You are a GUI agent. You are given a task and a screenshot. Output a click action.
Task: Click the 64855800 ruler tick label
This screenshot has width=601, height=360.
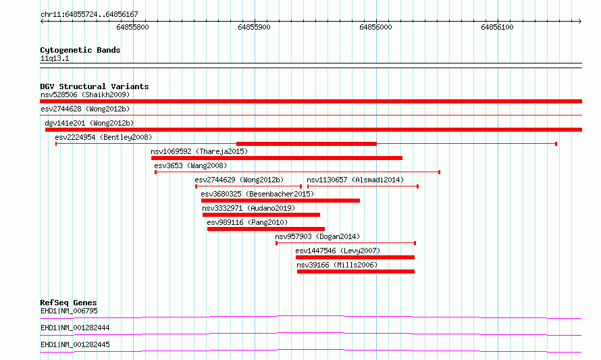[132, 27]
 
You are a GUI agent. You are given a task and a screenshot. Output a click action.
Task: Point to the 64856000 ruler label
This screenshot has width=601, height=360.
[375, 27]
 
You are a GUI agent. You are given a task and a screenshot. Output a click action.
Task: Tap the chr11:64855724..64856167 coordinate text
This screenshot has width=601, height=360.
[89, 15]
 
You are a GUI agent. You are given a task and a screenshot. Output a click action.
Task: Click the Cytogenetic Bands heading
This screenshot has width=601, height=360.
[80, 50]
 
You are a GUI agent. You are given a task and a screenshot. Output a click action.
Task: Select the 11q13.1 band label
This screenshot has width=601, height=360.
[55, 58]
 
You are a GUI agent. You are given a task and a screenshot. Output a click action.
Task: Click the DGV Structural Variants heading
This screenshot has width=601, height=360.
[95, 86]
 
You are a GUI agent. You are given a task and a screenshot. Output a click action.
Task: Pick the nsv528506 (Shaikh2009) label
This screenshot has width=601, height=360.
[85, 95]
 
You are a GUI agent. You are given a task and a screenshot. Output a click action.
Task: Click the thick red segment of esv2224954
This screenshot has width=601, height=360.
[307, 144]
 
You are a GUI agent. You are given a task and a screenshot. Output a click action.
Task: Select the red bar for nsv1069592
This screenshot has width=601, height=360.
[277, 158]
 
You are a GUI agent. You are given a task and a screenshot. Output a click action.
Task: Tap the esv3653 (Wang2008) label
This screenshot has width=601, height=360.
[190, 165]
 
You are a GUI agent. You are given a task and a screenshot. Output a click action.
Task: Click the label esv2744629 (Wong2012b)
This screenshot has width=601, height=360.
[239, 180]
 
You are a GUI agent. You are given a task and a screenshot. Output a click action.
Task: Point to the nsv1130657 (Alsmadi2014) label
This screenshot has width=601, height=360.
[355, 180]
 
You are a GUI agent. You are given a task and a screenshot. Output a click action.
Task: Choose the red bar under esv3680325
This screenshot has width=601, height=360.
[280, 201]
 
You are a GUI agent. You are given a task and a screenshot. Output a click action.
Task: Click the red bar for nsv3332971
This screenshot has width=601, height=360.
[261, 215]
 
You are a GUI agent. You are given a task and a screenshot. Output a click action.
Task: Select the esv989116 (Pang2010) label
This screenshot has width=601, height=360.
[247, 222]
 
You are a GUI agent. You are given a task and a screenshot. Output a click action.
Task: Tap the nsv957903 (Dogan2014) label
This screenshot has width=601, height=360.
[317, 236]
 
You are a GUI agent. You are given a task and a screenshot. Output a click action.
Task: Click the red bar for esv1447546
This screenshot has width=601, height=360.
[355, 257]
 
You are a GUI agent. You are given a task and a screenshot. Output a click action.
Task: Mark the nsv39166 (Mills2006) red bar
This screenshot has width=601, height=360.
[356, 272]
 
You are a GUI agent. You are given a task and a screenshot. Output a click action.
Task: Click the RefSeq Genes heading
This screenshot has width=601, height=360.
[68, 303]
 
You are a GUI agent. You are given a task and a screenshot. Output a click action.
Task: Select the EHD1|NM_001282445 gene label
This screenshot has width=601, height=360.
[75, 344]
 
